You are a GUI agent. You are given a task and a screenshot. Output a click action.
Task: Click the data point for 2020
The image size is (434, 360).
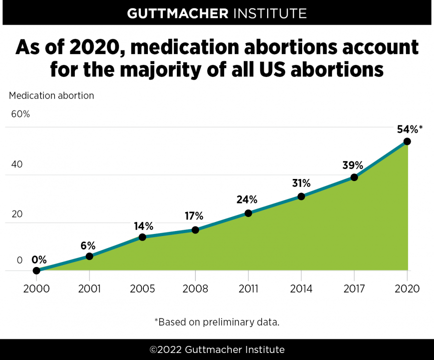[x=407, y=141]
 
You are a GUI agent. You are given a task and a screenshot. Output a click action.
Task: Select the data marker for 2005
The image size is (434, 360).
[x=142, y=237]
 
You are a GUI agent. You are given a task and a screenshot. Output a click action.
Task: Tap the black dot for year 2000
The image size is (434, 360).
[x=36, y=270]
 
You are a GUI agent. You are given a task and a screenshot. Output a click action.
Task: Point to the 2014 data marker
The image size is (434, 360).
[x=301, y=196]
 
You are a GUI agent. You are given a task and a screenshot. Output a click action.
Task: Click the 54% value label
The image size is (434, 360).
[x=407, y=129]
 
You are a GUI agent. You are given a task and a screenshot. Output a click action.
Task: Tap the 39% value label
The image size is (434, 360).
[x=353, y=165]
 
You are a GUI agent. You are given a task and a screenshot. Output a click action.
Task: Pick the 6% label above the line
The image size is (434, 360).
[x=88, y=245]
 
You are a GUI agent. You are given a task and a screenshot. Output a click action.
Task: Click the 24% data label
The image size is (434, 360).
[x=247, y=199]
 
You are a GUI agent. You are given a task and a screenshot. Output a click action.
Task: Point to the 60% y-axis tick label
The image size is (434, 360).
[x=20, y=114]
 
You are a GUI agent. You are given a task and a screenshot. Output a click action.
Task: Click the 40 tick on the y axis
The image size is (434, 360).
[x=17, y=164]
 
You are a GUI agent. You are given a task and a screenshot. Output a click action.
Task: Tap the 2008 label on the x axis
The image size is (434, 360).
[x=195, y=289]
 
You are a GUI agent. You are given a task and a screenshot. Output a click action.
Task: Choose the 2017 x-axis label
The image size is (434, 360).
[x=354, y=289]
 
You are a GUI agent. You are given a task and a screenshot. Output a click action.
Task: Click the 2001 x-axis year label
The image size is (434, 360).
[x=89, y=289]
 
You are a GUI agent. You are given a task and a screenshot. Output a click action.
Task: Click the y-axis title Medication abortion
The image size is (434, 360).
[x=51, y=95]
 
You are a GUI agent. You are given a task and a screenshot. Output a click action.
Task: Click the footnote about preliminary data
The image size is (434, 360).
[x=217, y=321]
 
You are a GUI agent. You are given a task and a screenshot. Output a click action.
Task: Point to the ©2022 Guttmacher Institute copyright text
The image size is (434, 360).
[x=217, y=349]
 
